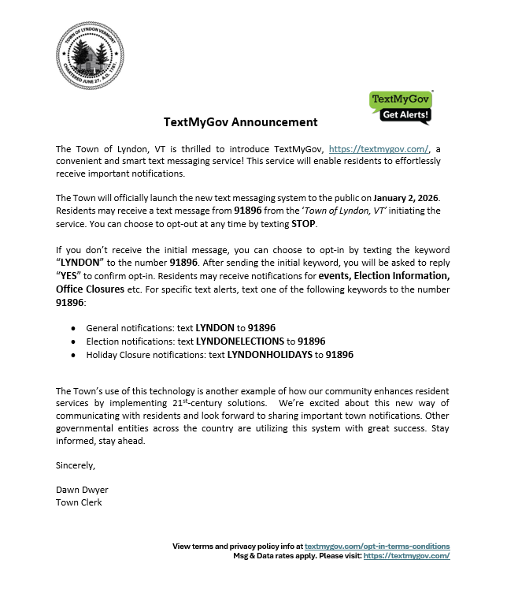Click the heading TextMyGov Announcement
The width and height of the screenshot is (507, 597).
click(241, 122)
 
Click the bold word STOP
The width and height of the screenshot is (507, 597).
click(303, 223)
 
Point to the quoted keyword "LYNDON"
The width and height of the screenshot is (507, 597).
click(82, 263)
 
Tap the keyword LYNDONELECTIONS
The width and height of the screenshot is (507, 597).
click(239, 341)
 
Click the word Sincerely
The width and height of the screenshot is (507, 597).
click(76, 465)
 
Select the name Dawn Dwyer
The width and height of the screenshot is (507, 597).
click(83, 490)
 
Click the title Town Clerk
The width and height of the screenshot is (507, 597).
click(79, 502)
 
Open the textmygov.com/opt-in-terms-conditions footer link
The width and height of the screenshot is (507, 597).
click(377, 546)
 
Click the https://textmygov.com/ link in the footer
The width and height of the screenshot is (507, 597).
click(406, 555)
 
